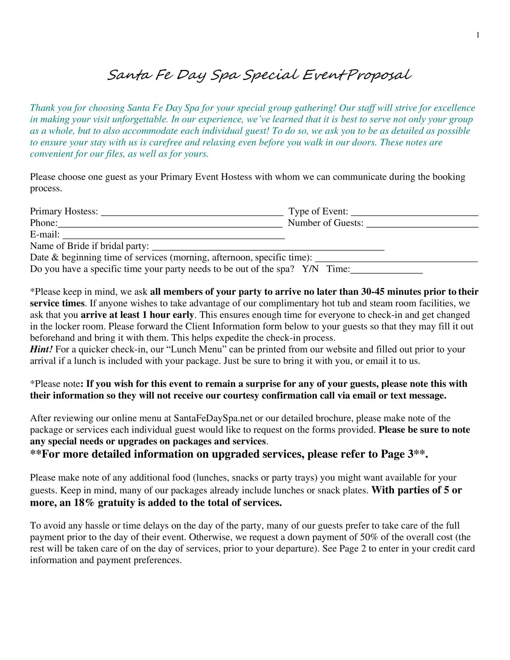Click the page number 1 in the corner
(478, 35)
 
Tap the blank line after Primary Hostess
(192, 213)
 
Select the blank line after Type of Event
(415, 213)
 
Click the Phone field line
(170, 225)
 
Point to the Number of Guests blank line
(422, 225)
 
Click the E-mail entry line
(173, 236)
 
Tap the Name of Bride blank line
(268, 248)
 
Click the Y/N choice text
(310, 269)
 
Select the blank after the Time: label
(386, 271)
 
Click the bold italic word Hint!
(41, 349)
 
